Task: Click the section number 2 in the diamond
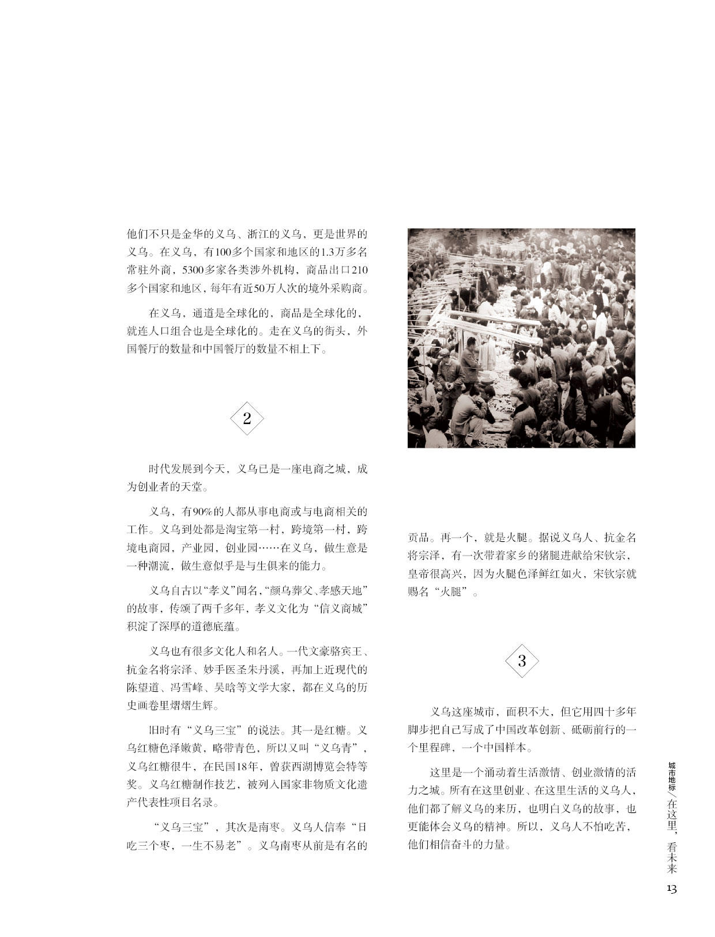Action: click(x=247, y=419)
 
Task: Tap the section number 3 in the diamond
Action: click(x=522, y=661)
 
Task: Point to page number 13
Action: click(x=672, y=889)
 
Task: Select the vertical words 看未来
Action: click(x=672, y=857)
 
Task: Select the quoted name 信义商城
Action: click(x=344, y=608)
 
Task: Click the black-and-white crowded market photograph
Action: click(x=521, y=338)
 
